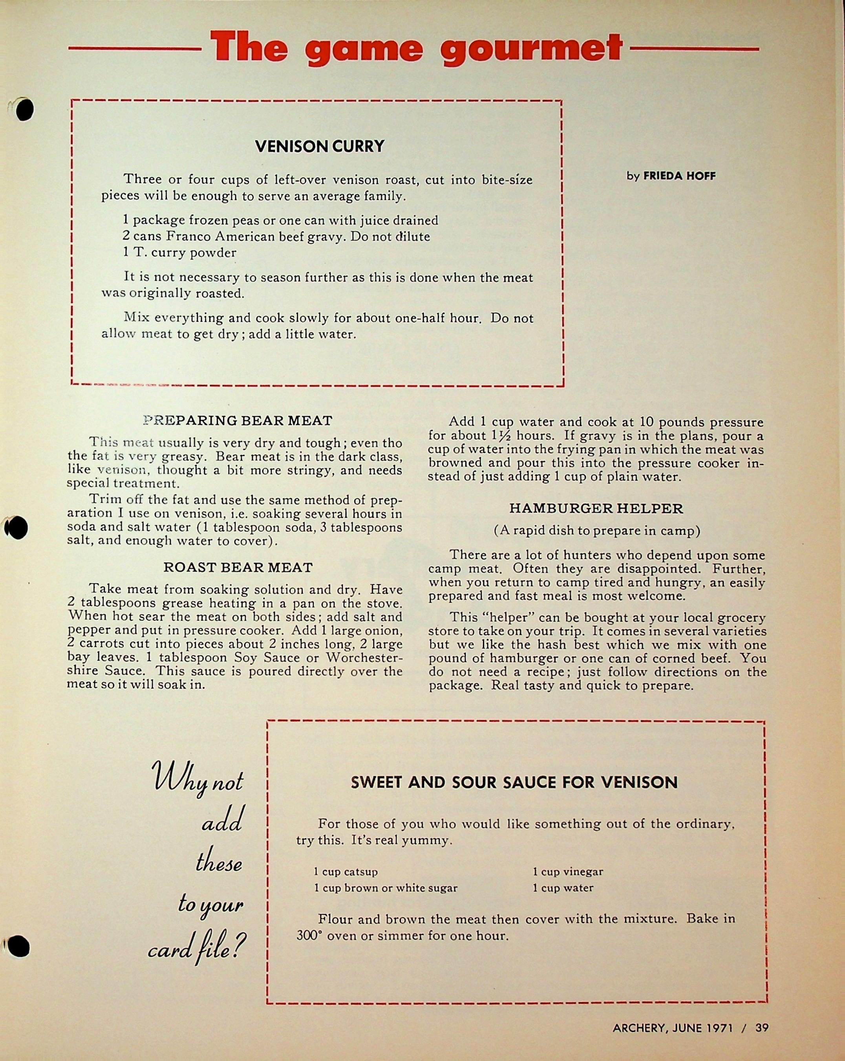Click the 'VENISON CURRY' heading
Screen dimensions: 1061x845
[320, 146]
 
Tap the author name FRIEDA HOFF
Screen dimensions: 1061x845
[679, 176]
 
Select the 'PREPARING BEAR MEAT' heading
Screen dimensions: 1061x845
[238, 421]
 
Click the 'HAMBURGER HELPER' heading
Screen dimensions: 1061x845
[596, 508]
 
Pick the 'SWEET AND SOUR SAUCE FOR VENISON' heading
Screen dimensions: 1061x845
[514, 782]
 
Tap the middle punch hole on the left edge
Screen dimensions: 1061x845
[18, 528]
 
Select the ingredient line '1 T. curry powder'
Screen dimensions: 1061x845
[179, 253]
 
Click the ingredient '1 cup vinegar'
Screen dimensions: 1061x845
[568, 872]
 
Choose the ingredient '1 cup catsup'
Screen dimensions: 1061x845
[346, 872]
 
